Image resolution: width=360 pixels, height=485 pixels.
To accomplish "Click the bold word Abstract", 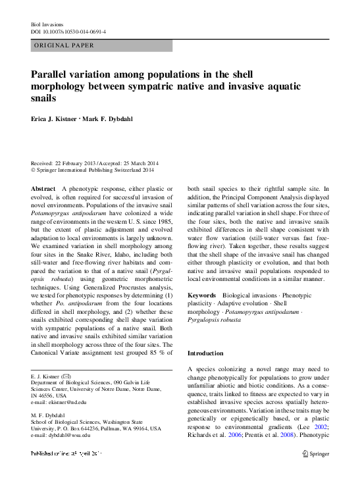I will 43,189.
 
